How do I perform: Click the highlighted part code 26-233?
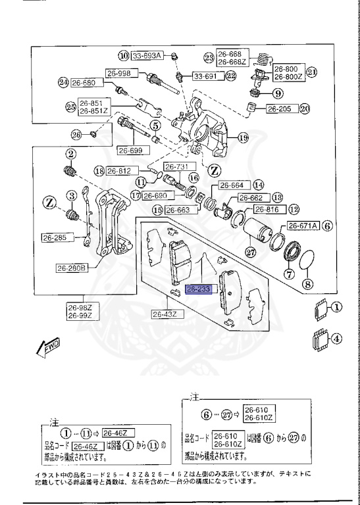[x=197, y=289]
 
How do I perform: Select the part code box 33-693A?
[x=147, y=55]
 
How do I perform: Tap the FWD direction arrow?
[x=49, y=347]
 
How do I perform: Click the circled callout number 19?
[x=243, y=138]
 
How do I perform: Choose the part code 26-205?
[x=280, y=109]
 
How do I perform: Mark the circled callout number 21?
[x=312, y=72]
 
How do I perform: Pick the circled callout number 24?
[x=63, y=83]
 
